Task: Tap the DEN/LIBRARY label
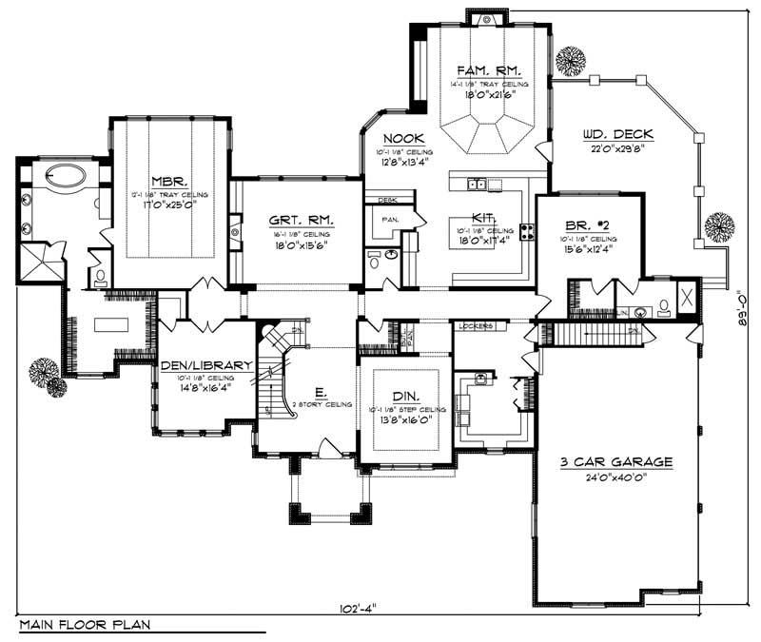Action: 205,364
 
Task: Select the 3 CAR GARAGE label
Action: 615,461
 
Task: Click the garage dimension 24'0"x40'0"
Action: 615,477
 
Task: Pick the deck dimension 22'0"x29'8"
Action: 615,147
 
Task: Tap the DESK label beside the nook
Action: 386,200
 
